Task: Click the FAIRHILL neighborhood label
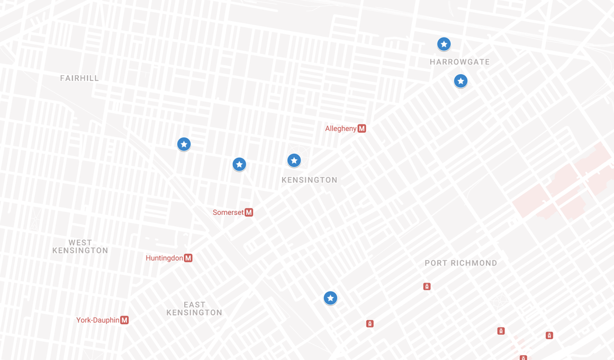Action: [x=79, y=78]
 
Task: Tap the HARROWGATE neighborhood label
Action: [x=459, y=62]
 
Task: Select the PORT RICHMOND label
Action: [x=460, y=263]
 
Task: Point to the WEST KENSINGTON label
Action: [x=80, y=247]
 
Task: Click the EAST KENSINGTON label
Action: [x=194, y=309]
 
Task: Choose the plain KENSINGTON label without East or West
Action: [x=309, y=180]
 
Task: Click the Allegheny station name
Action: [x=340, y=129]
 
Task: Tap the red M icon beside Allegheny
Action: [x=362, y=129]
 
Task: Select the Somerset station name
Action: [x=228, y=212]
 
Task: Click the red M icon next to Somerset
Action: [x=249, y=212]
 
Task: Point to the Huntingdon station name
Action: [x=164, y=258]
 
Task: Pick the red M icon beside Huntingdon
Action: [x=188, y=258]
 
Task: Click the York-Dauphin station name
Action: [x=97, y=320]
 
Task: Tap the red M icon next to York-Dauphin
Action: [x=124, y=320]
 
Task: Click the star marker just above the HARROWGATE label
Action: [x=444, y=44]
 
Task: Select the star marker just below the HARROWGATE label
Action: [x=460, y=81]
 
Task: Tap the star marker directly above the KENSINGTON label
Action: [x=294, y=160]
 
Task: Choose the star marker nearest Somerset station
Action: [x=239, y=165]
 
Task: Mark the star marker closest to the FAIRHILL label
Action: [x=184, y=144]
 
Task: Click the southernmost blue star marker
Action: [x=330, y=299]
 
